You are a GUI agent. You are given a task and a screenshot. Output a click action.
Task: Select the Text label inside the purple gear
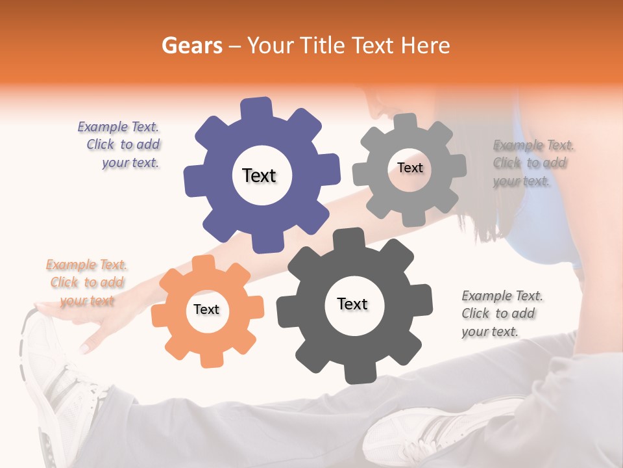point(259,175)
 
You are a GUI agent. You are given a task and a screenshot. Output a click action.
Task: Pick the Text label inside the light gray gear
point(409,168)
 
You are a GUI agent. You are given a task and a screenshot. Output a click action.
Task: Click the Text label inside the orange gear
point(206,309)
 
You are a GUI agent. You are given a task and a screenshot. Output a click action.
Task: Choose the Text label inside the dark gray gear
point(352,304)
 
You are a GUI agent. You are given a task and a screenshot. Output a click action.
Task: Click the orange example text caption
point(87,282)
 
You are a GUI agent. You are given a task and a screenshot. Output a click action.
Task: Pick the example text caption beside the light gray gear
point(532,162)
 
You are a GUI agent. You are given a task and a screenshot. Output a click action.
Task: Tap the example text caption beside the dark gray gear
point(501,313)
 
